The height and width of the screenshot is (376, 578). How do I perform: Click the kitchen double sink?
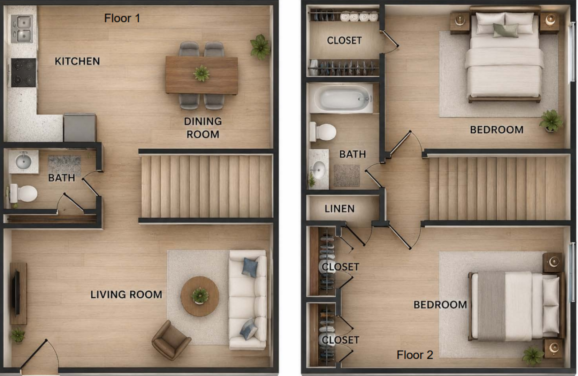pos(22,29)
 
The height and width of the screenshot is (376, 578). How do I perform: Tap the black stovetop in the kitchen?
pos(23,72)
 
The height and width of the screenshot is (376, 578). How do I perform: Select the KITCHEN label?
pos(77,61)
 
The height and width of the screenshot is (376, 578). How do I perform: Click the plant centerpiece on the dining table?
pos(201,73)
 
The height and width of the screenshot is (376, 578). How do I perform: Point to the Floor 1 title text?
pos(122,18)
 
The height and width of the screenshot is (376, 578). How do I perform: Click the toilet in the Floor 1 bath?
pos(23,193)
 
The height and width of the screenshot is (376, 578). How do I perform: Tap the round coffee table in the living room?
pos(200,296)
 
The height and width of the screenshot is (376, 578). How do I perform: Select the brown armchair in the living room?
pos(171,340)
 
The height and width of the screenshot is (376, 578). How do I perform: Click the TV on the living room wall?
pos(16,292)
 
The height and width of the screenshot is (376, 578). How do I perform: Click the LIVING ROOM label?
pos(126,295)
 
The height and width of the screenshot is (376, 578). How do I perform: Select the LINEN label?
pos(340,209)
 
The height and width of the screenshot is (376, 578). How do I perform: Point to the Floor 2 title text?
pos(415,355)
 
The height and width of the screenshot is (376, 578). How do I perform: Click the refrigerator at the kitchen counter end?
pos(80,127)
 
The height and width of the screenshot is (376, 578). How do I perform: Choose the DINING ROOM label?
pos(203,128)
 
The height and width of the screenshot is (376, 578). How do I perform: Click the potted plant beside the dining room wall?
pos(260,47)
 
